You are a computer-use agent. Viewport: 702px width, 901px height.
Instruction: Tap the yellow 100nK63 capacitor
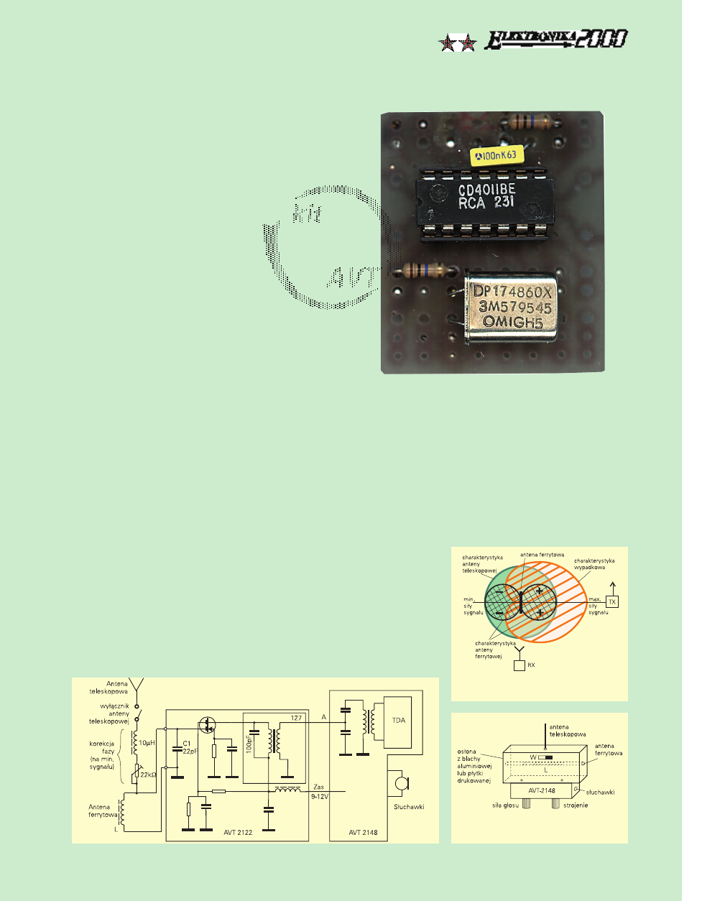496,155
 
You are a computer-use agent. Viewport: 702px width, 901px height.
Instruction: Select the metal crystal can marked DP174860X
512,308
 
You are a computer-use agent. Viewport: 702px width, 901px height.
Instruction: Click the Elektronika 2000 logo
555,40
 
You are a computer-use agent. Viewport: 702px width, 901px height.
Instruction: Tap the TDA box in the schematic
398,720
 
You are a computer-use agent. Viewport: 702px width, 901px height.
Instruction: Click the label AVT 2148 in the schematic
363,833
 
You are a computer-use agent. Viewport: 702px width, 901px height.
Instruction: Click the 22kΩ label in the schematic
148,775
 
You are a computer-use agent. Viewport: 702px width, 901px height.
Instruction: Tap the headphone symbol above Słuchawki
397,783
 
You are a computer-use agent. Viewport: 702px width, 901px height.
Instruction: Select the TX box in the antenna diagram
612,601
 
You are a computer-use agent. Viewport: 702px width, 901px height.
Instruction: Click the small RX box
519,665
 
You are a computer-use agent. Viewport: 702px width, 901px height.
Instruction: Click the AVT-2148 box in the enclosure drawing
542,790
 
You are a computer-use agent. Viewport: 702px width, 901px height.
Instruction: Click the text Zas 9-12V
319,792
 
